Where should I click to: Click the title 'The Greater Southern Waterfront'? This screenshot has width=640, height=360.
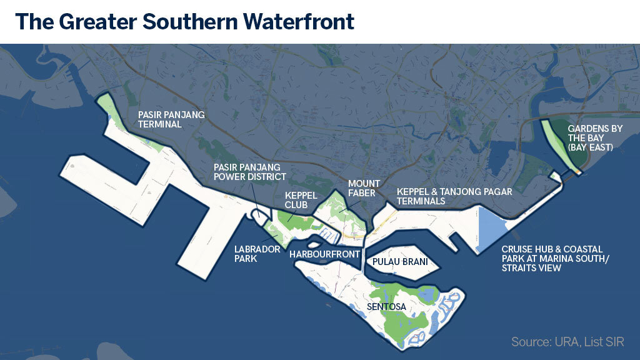tap(184, 22)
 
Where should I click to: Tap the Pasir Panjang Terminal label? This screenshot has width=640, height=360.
tap(171, 119)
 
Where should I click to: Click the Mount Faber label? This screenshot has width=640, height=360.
tap(362, 188)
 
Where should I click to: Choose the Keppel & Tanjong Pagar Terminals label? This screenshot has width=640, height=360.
tap(454, 196)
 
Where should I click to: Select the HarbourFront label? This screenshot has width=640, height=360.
tap(325, 254)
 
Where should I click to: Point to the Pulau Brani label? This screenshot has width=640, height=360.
tap(400, 262)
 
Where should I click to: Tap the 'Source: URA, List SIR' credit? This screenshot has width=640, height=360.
tap(567, 342)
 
